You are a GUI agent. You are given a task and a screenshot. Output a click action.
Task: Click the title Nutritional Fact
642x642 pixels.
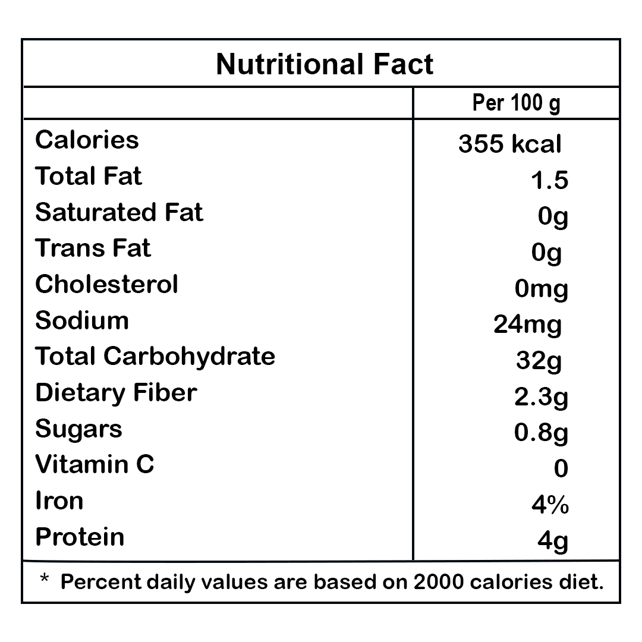pyautogui.click(x=325, y=64)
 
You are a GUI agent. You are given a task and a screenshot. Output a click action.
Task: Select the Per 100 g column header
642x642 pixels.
pyautogui.click(x=516, y=103)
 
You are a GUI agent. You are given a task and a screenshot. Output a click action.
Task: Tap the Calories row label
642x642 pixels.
pyautogui.click(x=87, y=140)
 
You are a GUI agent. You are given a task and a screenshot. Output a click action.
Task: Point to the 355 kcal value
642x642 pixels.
pyautogui.click(x=509, y=144)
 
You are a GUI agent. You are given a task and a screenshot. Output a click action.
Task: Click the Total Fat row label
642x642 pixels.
pyautogui.click(x=89, y=177)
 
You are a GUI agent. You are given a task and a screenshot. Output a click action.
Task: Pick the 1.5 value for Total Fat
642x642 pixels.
pyautogui.click(x=549, y=180)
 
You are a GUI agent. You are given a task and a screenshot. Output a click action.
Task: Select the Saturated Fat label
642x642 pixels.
pyautogui.click(x=119, y=212)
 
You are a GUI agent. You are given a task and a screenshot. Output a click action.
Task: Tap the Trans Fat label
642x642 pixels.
pyautogui.click(x=93, y=248)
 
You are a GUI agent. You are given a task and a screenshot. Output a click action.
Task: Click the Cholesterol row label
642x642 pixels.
pyautogui.click(x=106, y=284)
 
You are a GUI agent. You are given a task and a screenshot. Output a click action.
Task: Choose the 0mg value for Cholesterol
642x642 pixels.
pyautogui.click(x=542, y=289)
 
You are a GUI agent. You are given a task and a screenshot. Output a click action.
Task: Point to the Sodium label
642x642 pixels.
pyautogui.click(x=82, y=320)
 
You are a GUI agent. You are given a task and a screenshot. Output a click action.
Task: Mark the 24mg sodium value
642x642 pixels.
pyautogui.click(x=527, y=325)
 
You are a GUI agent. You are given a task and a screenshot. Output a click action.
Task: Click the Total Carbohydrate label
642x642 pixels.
pyautogui.click(x=155, y=356)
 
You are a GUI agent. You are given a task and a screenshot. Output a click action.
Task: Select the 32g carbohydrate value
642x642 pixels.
pyautogui.click(x=539, y=361)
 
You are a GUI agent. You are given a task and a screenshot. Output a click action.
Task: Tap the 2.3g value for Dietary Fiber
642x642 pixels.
pyautogui.click(x=541, y=397)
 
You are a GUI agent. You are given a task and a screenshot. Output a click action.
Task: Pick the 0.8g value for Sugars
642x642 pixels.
pyautogui.click(x=541, y=433)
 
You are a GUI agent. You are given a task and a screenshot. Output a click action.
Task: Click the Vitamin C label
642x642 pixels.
pyautogui.click(x=95, y=464)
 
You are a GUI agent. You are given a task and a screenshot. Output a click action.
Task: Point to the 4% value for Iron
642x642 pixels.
pyautogui.click(x=550, y=505)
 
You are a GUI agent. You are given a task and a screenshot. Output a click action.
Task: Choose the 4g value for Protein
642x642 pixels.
pyautogui.click(x=552, y=542)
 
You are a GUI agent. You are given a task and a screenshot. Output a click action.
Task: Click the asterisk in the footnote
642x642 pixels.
pyautogui.click(x=44, y=578)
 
